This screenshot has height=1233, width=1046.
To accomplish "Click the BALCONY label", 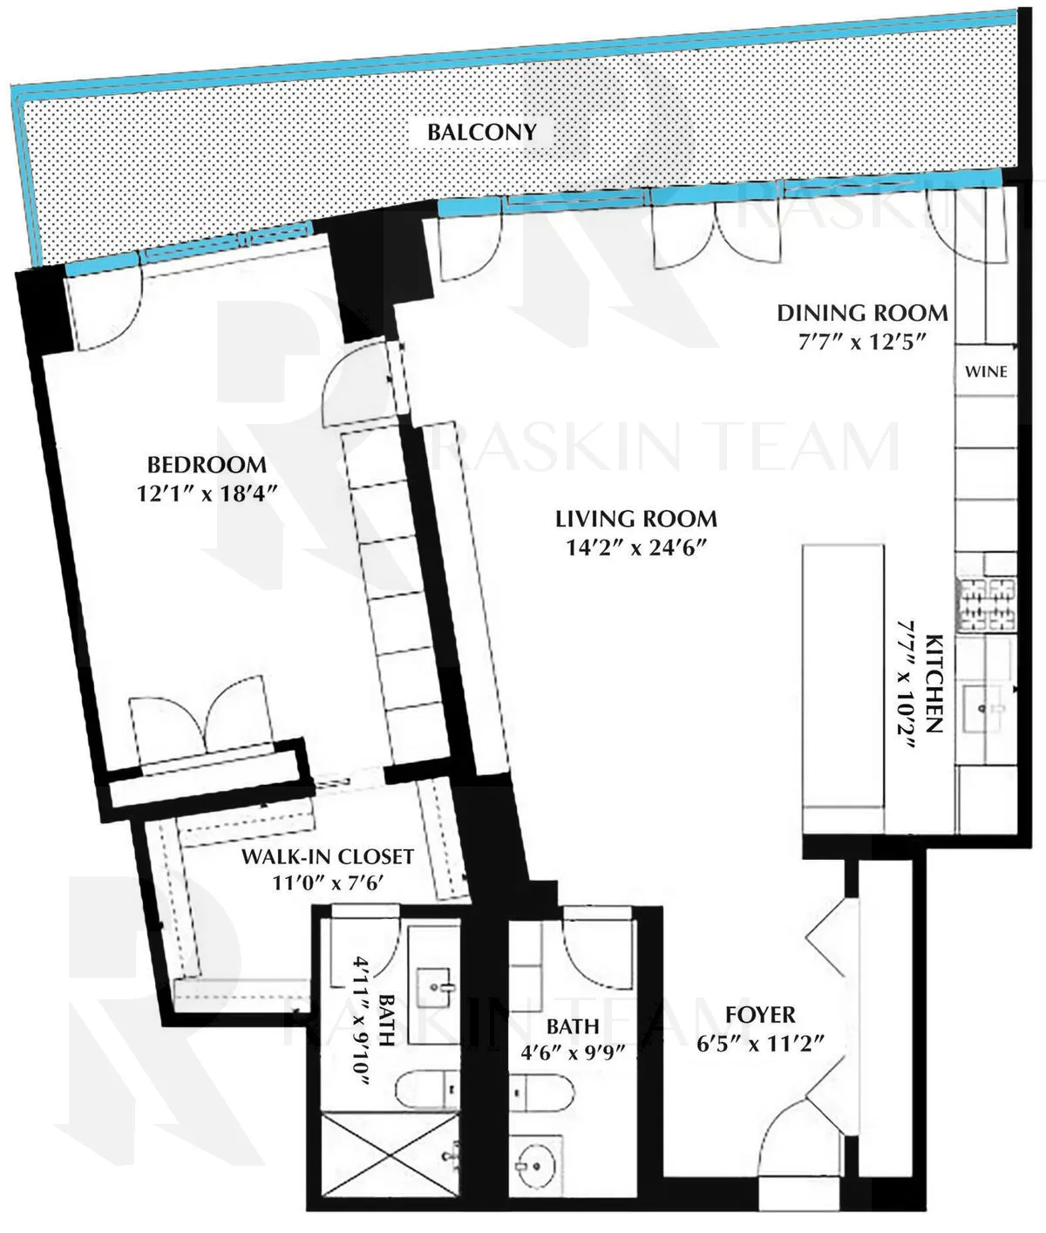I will pos(481,133).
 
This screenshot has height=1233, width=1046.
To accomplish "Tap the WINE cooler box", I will pos(986,371).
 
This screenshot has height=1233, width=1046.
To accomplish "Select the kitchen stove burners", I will pos(987,605).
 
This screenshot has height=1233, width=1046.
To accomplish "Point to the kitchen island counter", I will pos(844,689).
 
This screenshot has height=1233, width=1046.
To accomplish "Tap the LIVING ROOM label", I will pos(636,520).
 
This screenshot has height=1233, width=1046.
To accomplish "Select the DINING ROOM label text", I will pos(862,313).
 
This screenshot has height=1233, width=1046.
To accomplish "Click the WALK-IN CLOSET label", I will pos(327,856).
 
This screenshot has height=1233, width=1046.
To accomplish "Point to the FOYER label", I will pos(760,1015).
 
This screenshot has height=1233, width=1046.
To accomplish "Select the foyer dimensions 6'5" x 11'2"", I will pos(760,1043).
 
